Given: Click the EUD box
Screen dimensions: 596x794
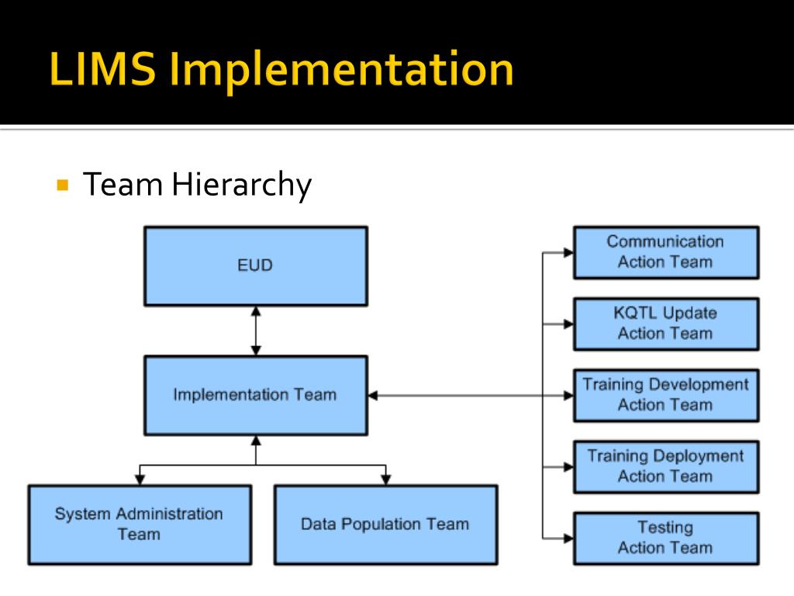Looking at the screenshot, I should pos(255,265).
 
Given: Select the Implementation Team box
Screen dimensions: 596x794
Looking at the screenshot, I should pos(255,395).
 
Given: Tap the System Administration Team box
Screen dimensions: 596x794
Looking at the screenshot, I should pos(140,525).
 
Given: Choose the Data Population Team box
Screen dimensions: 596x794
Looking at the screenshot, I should pos(385,525).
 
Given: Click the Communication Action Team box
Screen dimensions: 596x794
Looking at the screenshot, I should pos(665,252).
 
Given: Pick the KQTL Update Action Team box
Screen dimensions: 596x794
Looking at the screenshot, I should pos(665,324).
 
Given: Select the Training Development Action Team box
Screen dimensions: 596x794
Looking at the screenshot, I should pos(665,395).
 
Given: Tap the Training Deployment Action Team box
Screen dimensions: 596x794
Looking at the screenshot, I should pos(665,466).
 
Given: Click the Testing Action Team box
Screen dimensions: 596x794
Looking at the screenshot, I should pos(665,538).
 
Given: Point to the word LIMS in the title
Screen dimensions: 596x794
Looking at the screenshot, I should pos(103,69).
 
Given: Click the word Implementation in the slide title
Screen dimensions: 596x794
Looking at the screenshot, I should pos(342,69).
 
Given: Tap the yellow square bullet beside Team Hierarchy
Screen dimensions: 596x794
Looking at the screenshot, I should pos(64,185).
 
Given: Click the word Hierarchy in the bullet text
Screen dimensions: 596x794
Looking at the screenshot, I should pos(241,185).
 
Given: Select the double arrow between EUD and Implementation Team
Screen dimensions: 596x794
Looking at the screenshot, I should pos(256,331).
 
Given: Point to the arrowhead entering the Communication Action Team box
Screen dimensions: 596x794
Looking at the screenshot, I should pos(568,252).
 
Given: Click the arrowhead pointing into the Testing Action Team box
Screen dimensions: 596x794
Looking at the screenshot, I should pos(568,538).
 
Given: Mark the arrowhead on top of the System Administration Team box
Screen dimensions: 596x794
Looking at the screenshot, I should pos(140,480).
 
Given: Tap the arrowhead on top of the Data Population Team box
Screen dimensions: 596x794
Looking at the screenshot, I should pos(385,480).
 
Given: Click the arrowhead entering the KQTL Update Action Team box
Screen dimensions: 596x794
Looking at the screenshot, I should pos(568,324).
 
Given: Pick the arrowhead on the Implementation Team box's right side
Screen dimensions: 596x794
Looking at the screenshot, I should pos(373,395).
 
